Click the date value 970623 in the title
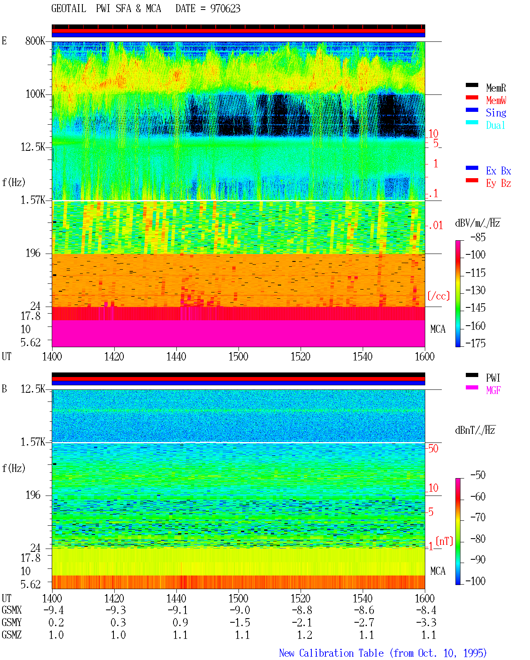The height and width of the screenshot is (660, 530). [225, 9]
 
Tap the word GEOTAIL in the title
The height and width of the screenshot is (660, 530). [69, 9]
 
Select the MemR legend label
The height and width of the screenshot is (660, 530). [496, 88]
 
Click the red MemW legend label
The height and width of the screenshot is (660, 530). [496, 100]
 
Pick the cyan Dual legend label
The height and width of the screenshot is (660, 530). [496, 125]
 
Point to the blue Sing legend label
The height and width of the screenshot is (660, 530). [496, 113]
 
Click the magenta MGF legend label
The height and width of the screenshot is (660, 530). [493, 390]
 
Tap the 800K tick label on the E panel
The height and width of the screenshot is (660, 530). [35, 41]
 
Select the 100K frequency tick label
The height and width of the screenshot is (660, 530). [35, 94]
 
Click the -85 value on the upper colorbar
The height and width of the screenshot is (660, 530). [478, 237]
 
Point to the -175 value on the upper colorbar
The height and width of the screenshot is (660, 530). [475, 343]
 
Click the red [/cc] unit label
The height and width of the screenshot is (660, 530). [438, 296]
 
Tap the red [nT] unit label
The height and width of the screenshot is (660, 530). [444, 541]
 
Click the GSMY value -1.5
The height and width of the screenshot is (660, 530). [240, 622]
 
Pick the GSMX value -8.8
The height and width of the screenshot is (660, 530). [302, 610]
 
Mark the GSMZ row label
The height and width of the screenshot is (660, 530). [12, 635]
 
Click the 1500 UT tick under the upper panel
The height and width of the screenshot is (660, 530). [238, 356]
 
